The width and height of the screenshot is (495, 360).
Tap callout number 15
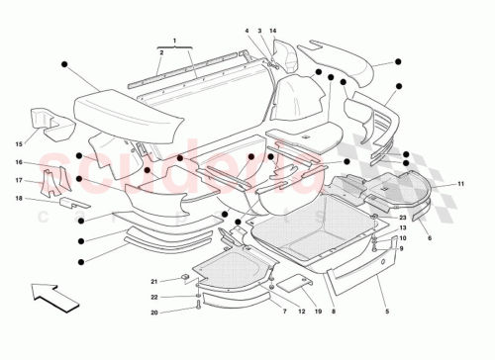(19, 142)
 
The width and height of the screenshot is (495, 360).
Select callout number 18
(19, 199)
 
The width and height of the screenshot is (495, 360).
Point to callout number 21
(154, 282)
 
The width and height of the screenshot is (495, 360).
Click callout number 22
(154, 298)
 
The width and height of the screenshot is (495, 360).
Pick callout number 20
(154, 313)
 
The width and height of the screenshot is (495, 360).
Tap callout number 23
(403, 217)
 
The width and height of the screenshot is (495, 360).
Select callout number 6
(429, 238)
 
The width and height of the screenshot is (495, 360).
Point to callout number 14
(273, 31)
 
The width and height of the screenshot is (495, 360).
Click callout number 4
(247, 31)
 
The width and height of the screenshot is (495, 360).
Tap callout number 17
(19, 180)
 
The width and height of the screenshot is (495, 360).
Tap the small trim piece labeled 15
(44, 119)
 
